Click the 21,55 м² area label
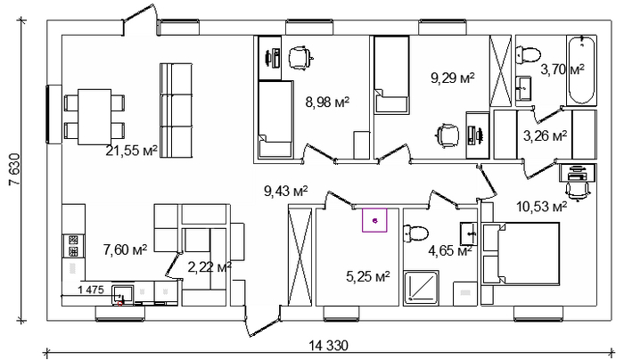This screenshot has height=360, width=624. (131, 151)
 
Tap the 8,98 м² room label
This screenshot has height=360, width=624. (327, 102)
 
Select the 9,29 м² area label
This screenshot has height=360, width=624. (453, 78)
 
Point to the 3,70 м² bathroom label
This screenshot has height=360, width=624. (562, 70)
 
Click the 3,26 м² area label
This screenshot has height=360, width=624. (545, 136)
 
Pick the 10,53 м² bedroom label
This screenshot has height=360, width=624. (542, 207)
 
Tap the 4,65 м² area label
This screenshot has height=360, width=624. (450, 251)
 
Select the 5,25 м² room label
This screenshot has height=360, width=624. (367, 276)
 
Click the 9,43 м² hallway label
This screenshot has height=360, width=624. (286, 192)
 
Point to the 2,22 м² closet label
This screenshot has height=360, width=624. (209, 267)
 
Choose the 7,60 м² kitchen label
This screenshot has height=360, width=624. (126, 250)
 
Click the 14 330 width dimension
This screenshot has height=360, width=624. (329, 345)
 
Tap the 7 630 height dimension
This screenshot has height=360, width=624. (14, 169)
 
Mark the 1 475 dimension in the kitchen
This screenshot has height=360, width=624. (91, 290)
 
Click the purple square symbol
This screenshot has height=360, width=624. (374, 220)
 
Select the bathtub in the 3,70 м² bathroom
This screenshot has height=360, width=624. (582, 70)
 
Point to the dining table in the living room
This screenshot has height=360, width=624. (94, 117)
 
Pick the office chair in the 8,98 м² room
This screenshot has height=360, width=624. (300, 58)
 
